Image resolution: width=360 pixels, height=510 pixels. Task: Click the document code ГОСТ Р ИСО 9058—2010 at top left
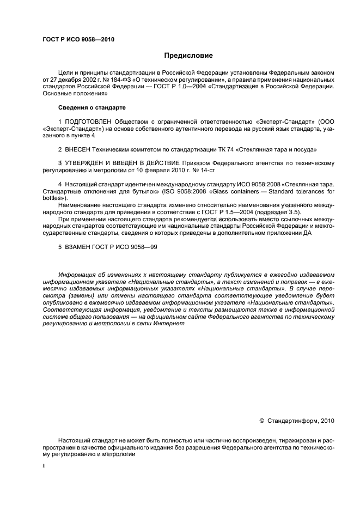pyautogui.click(x=78, y=39)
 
